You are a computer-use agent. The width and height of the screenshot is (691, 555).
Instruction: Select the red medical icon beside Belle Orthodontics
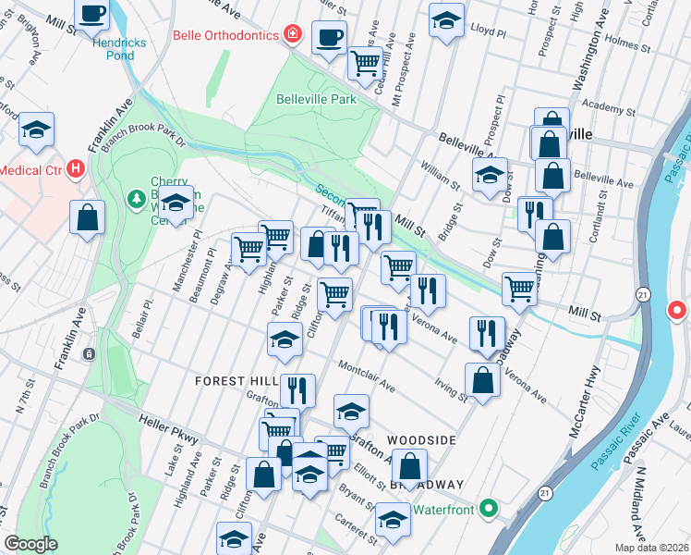(x=293, y=34)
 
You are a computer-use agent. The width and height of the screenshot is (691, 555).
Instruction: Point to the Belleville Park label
(x=316, y=98)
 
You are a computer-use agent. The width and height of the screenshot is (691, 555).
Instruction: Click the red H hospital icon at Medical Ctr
(x=76, y=170)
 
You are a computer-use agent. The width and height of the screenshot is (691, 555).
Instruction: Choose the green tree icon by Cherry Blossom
(x=135, y=199)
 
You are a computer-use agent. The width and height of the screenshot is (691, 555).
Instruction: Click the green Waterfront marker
(x=489, y=509)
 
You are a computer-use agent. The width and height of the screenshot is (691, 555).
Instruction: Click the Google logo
(x=31, y=544)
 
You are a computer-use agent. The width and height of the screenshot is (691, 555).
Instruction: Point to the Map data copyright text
(x=651, y=548)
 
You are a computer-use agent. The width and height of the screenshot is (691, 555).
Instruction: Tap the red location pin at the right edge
(x=677, y=311)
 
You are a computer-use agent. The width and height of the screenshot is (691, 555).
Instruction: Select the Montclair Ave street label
(x=367, y=376)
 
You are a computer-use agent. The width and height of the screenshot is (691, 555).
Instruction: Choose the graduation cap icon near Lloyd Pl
(x=446, y=21)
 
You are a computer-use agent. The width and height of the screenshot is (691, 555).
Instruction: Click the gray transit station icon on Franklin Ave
(x=89, y=353)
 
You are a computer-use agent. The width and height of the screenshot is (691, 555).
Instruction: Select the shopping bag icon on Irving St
(x=483, y=380)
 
